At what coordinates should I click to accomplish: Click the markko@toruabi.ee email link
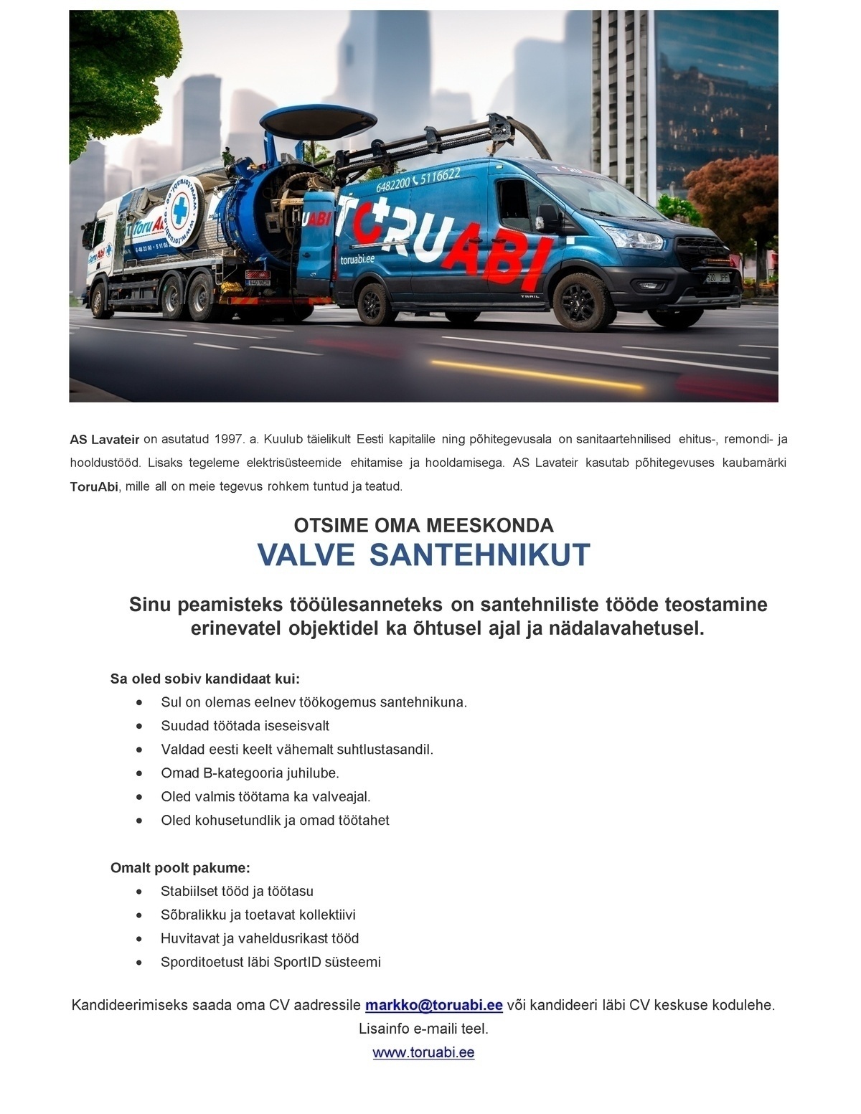pos(433,1005)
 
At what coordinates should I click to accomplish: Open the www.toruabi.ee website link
pos(423,1052)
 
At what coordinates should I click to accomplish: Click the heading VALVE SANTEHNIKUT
pos(423,554)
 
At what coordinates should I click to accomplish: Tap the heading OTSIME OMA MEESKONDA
pos(423,525)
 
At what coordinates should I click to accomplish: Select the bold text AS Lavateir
pos(105,439)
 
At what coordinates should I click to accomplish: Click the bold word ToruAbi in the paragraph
pos(93,487)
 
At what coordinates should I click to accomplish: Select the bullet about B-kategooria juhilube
pos(250,773)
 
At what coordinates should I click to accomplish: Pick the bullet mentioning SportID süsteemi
pos(270,962)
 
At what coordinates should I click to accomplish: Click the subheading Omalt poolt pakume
pos(180,868)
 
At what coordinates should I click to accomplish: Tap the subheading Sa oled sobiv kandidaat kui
pos(204,679)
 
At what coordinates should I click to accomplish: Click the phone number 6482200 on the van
pos(392,184)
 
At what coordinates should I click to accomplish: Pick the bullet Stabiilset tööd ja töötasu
pos(237,891)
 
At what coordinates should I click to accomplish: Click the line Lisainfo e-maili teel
pos(423,1029)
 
